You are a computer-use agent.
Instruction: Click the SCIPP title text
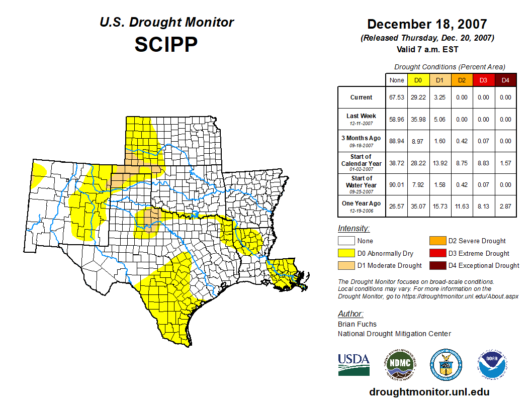[x=166, y=45]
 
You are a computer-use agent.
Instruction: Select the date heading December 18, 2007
[x=427, y=24]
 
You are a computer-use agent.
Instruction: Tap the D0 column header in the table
[x=418, y=80]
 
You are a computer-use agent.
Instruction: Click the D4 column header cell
[x=505, y=80]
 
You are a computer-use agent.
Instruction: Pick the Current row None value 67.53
[x=396, y=97]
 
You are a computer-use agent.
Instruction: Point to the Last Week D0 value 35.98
[x=418, y=120]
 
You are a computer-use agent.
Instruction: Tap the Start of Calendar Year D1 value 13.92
[x=439, y=163]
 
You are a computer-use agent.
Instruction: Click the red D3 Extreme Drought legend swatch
[x=436, y=253]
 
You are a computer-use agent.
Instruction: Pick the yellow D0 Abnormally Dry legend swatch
[x=346, y=253]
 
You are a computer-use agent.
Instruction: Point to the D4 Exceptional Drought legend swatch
[x=436, y=265]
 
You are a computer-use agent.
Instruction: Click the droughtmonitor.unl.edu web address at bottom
[x=429, y=392]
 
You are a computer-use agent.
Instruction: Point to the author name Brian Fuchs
[x=357, y=324]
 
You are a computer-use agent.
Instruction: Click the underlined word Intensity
[x=353, y=228]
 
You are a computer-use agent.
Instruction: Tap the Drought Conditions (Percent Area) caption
[x=450, y=67]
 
